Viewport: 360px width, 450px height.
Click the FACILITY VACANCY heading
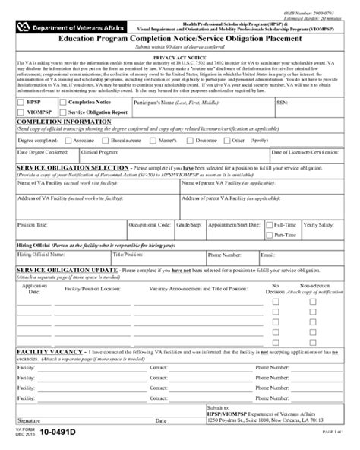pos(46,353)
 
